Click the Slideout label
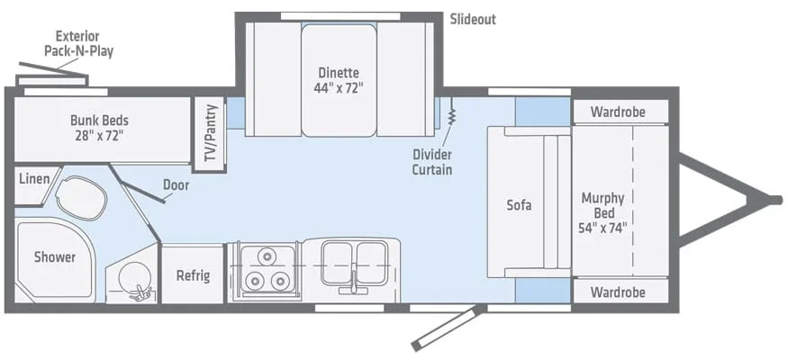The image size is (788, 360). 473,19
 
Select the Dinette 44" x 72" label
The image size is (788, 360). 338,80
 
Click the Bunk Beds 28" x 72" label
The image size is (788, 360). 98,128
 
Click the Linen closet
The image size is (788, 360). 32,177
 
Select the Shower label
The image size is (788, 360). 55,256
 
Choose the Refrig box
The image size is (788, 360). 193,274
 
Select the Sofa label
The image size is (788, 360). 519,204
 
